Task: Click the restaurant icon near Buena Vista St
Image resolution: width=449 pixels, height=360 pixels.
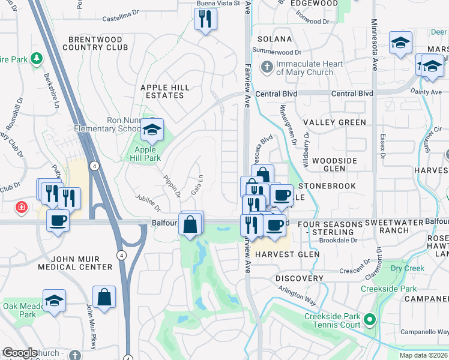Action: click(205, 19)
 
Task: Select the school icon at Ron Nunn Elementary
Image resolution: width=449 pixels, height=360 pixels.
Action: click(152, 129)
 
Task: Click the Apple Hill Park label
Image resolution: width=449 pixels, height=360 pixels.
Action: click(148, 154)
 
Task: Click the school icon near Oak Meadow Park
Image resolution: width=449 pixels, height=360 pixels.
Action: click(54, 301)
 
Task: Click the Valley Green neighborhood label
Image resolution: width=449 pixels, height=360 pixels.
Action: click(334, 122)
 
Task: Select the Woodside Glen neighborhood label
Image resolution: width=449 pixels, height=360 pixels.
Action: click(335, 164)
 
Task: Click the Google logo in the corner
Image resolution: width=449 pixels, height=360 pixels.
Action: click(20, 353)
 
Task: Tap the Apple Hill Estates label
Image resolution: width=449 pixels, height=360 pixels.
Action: click(164, 91)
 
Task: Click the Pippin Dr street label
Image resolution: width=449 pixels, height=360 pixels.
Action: click(172, 187)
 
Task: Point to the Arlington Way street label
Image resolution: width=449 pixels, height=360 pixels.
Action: click(297, 297)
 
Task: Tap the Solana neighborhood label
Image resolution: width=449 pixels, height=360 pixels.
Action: click(274, 38)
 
